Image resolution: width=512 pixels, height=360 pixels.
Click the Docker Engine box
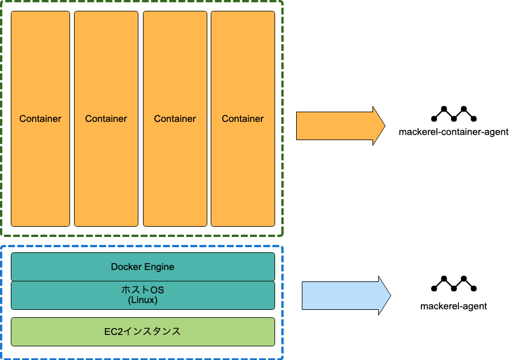pos(142,267)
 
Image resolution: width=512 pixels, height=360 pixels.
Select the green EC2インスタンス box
pos(142,332)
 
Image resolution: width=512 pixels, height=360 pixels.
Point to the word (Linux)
pos(142,300)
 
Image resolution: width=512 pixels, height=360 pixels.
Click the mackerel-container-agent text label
pos(454,132)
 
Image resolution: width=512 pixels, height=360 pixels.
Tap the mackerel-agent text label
pos(454,306)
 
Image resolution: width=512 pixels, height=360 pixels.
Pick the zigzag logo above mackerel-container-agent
pos(454,114)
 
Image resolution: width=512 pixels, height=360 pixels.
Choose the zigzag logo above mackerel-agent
pos(454,284)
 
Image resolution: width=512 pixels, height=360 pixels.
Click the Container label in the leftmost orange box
pos(40,118)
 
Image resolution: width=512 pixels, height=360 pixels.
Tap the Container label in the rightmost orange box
pos(243,118)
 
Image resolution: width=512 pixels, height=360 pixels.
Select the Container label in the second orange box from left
pos(106,118)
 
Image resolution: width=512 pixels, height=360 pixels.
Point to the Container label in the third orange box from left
pos(175,118)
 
